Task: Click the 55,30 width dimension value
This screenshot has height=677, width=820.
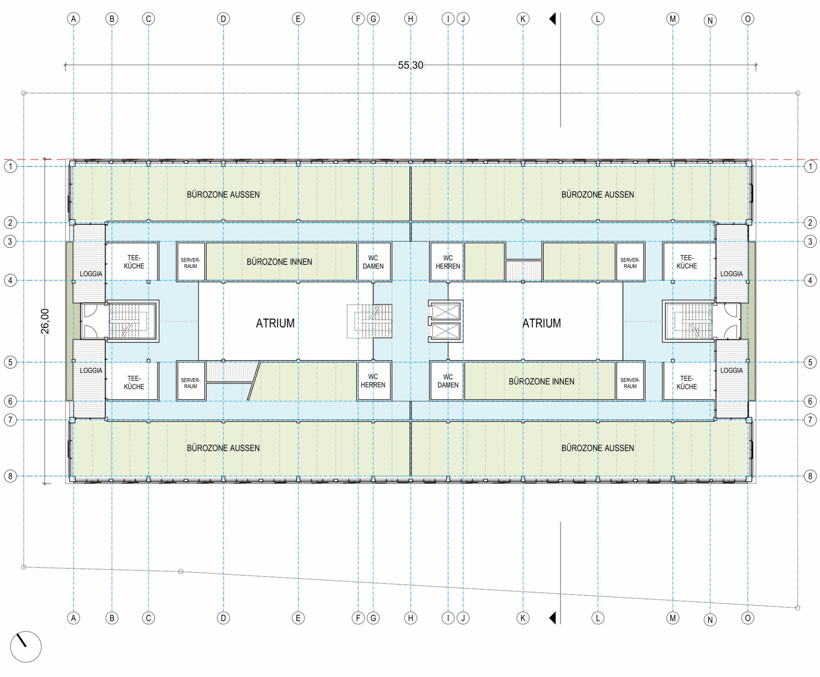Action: [410, 65]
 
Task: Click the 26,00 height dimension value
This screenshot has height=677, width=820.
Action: [45, 321]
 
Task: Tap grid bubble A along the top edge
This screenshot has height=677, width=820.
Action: [73, 19]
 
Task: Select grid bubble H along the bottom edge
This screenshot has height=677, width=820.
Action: [410, 618]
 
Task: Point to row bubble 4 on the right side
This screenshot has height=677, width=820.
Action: [810, 281]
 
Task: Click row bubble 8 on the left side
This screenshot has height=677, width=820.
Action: [10, 476]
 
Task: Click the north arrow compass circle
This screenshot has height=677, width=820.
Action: [26, 647]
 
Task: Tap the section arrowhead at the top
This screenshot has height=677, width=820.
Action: [553, 19]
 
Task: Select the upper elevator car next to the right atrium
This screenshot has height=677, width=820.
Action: [445, 311]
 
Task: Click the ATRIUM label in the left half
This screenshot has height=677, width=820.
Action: [275, 323]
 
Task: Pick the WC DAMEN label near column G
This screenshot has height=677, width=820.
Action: [373, 262]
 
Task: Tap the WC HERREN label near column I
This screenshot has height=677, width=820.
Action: [448, 262]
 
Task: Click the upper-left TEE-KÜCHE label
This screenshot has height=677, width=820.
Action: [134, 262]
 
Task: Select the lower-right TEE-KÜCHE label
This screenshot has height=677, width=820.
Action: [686, 382]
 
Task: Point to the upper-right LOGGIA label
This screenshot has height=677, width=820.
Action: [731, 274]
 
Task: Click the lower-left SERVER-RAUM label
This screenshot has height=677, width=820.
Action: [190, 383]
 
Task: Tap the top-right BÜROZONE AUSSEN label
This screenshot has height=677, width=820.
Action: [597, 195]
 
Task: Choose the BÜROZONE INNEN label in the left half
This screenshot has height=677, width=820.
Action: [279, 262]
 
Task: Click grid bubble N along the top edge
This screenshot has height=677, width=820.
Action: [710, 21]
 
